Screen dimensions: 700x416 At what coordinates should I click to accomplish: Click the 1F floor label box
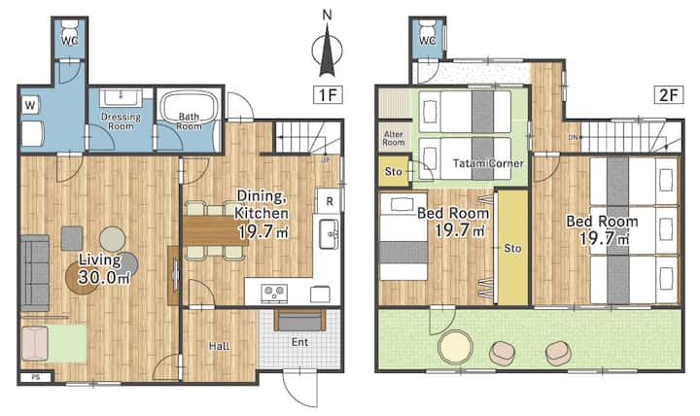click(329, 94)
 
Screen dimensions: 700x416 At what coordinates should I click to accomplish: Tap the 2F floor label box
click(669, 94)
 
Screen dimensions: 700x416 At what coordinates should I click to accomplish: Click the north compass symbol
click(327, 50)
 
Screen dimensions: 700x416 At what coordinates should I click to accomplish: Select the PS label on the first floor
click(36, 377)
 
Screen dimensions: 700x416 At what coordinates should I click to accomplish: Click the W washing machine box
click(30, 105)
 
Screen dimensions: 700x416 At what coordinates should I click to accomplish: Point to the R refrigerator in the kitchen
click(329, 201)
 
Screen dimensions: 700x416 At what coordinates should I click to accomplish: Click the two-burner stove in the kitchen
click(274, 293)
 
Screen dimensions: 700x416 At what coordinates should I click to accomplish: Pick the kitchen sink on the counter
click(329, 234)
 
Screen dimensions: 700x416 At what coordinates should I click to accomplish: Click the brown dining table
click(216, 230)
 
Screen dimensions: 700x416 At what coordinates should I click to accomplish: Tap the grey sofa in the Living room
click(35, 273)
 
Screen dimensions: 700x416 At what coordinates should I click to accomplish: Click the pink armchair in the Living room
click(34, 343)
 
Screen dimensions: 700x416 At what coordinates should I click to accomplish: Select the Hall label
click(219, 346)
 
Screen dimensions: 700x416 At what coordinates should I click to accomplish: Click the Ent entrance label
click(300, 342)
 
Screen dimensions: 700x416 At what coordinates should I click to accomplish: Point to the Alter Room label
click(394, 138)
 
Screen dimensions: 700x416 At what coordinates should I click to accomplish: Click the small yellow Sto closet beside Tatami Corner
click(394, 171)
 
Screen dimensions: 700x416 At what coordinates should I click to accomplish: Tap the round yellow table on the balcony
click(455, 347)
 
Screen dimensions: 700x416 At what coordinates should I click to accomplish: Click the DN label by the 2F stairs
click(573, 137)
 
